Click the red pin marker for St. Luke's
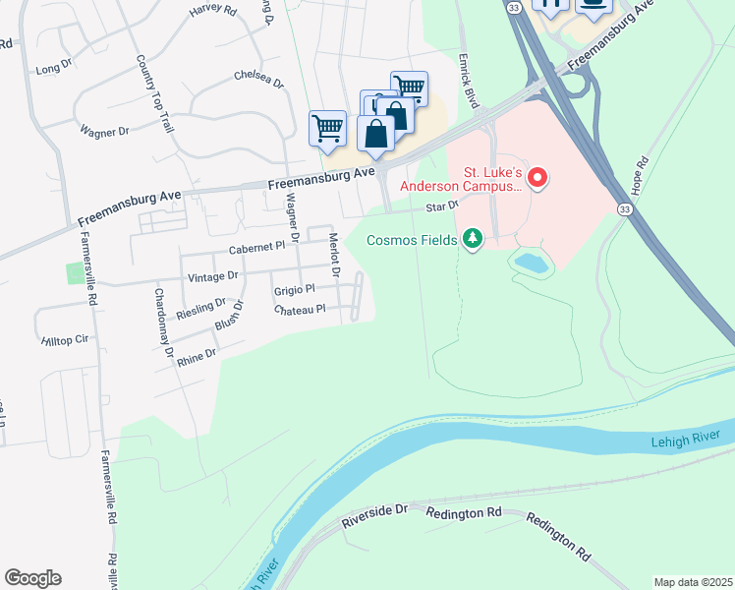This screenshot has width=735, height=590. [x=537, y=178]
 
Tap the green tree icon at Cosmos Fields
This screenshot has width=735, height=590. [x=474, y=239]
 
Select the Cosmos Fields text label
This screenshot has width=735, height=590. [x=412, y=240]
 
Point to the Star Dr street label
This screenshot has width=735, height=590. [x=442, y=206]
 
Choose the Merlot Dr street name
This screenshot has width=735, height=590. [x=333, y=256]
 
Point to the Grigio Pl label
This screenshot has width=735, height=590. [x=294, y=289]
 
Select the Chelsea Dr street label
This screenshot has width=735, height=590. [x=258, y=77]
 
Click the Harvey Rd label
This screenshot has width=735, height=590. [x=213, y=10]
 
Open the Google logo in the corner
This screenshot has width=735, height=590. [x=32, y=578]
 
